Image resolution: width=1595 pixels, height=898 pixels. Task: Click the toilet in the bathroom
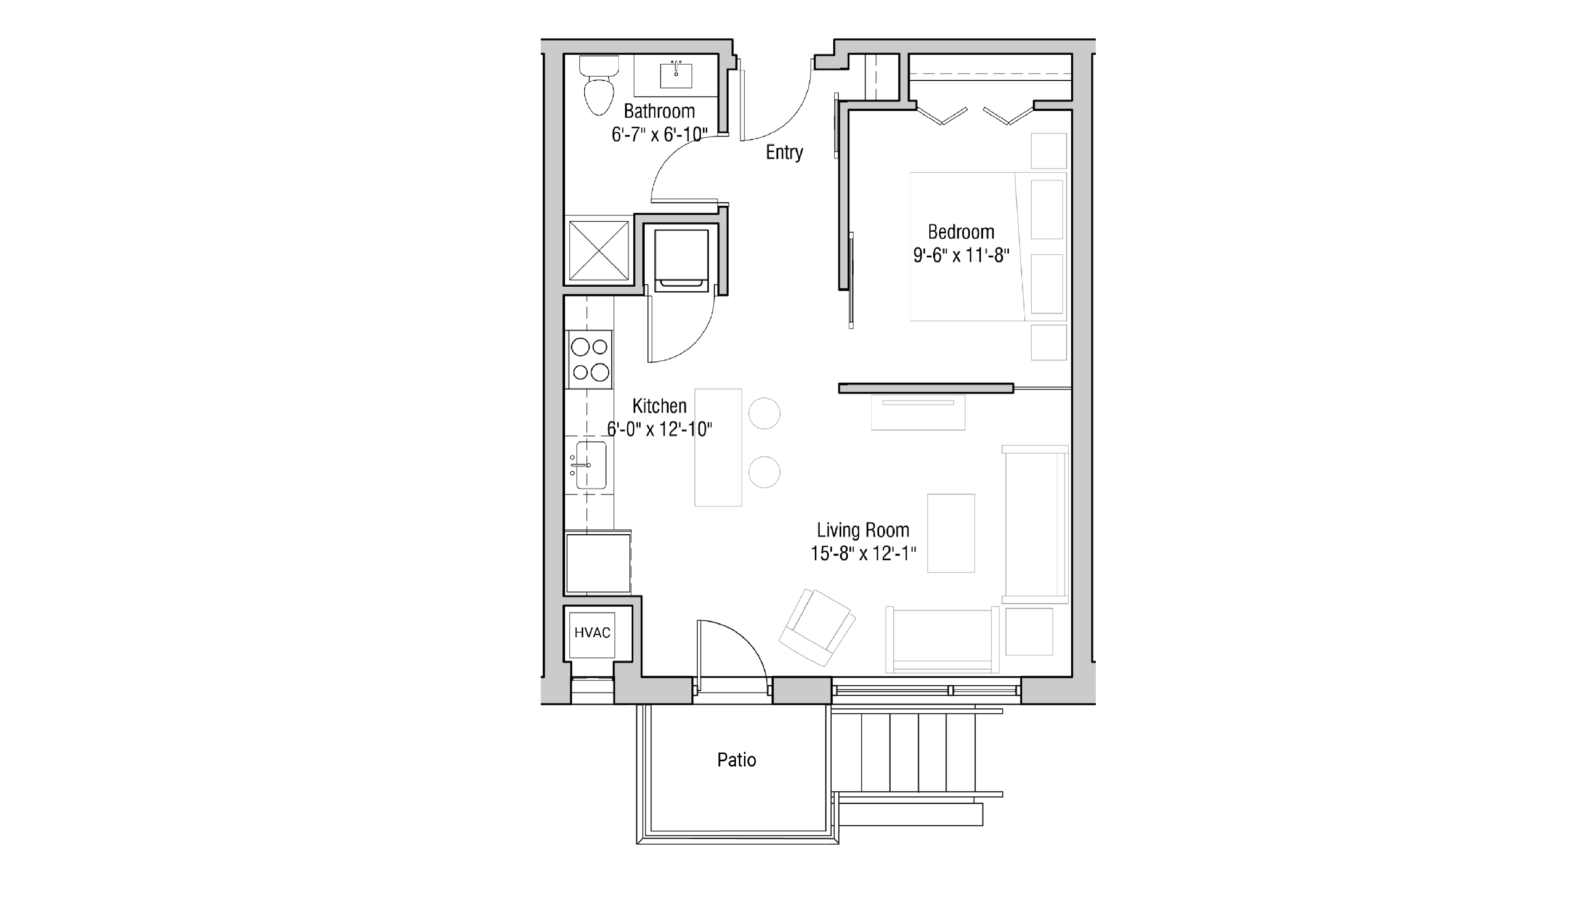(599, 90)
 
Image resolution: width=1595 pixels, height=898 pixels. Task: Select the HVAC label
(592, 632)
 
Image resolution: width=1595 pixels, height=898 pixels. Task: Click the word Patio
(736, 760)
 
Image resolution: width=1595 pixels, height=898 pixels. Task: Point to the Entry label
(784, 152)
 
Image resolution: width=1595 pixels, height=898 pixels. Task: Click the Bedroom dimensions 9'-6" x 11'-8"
(961, 255)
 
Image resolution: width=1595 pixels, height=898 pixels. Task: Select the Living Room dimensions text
(863, 553)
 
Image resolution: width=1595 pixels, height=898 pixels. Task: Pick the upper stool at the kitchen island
(764, 413)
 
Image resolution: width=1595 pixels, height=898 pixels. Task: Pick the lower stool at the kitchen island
(764, 472)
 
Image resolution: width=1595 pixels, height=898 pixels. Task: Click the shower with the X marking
(598, 250)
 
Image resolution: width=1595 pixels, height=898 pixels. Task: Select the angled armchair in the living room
(817, 627)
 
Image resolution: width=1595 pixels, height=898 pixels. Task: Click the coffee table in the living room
(951, 533)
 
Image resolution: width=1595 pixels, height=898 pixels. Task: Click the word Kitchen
(659, 406)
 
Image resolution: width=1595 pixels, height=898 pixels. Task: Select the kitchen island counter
(718, 447)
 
